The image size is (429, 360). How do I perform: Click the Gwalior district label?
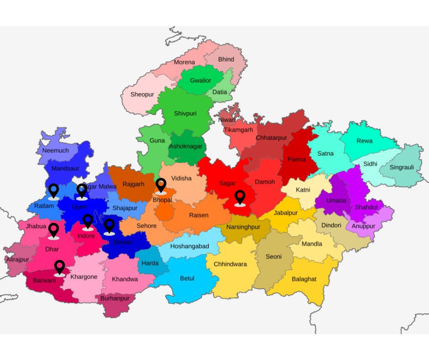coord(200,81)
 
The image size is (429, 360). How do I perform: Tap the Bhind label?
coord(226,59)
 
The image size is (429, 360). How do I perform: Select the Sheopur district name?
coord(142,95)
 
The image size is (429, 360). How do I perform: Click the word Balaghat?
coord(304,279)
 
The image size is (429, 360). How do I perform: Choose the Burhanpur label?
coord(115,298)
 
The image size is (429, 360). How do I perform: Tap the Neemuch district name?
coord(56,150)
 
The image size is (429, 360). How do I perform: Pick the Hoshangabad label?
coord(189,246)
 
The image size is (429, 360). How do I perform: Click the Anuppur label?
coord(363,226)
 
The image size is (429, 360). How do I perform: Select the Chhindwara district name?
coord(230,264)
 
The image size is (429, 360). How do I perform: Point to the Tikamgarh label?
coord(238,130)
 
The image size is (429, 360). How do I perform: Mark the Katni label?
coord(303,190)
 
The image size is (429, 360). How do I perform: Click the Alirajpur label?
coord(17,259)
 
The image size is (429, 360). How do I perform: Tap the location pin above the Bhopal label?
coord(161,185)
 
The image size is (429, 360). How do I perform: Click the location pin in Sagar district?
coord(240,197)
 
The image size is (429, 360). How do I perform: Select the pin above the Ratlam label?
coord(53,191)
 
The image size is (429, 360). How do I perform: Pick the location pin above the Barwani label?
coord(59,267)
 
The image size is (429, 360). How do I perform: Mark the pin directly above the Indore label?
coord(88,222)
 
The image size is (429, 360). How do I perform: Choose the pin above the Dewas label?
coord(109,226)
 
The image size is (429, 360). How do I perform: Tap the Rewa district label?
coord(364,141)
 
